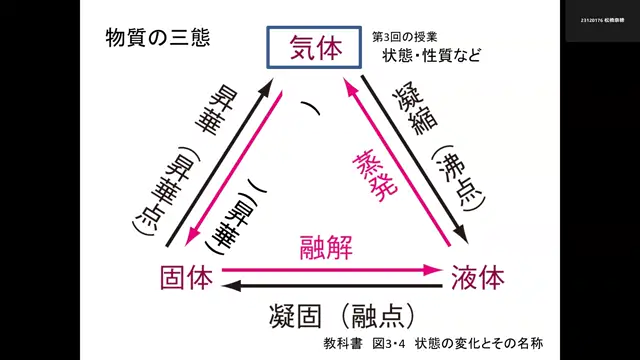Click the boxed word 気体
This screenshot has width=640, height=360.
coord(314,48)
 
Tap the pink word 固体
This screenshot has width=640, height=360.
coord(186,276)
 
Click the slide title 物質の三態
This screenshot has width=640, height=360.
coord(158,38)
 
